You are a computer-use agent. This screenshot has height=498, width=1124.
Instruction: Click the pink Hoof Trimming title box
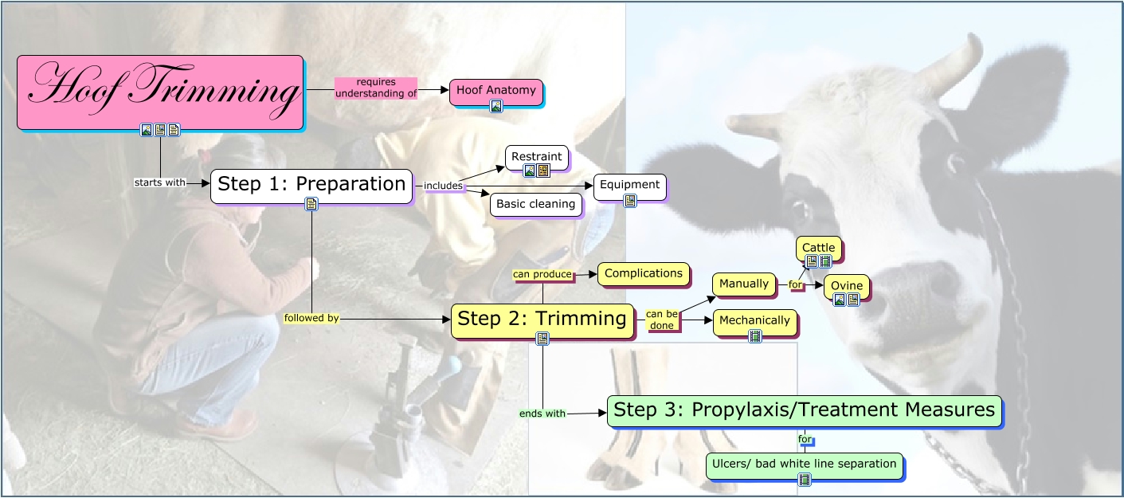tap(159, 91)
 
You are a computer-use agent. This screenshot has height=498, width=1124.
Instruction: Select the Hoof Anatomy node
tap(495, 90)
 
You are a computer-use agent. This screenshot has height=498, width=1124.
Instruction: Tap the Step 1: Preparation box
tap(311, 184)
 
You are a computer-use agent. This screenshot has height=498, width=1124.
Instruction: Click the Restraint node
tap(537, 157)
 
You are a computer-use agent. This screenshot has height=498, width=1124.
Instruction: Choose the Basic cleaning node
tap(535, 204)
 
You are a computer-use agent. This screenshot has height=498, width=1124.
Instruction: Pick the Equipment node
tap(629, 185)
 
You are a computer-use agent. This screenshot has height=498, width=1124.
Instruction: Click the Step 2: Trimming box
tap(542, 320)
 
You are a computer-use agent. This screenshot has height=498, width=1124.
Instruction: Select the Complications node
tap(643, 273)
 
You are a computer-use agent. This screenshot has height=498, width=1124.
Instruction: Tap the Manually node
tap(744, 284)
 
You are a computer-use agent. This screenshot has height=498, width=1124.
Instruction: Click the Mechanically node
tap(754, 320)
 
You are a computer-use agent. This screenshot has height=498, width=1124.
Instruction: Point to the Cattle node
tap(818, 248)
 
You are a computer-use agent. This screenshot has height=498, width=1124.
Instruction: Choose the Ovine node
tap(845, 284)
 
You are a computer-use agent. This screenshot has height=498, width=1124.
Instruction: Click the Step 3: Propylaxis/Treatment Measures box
tap(804, 410)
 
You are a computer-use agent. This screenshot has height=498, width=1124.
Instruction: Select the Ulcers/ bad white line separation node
tap(804, 464)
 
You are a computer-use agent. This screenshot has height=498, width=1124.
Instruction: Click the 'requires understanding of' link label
tap(376, 88)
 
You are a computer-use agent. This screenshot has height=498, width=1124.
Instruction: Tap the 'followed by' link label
tap(311, 318)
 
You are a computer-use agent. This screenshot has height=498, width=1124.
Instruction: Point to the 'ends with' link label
tap(542, 414)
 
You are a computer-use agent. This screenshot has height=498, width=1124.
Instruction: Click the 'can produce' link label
tap(542, 274)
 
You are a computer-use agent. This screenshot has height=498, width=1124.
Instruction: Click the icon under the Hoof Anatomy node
tap(495, 106)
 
